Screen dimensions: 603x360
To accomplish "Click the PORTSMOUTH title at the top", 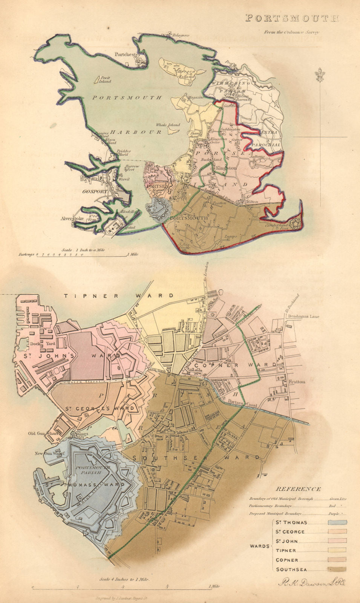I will pyautogui.click(x=292, y=18).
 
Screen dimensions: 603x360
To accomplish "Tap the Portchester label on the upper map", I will pyautogui.click(x=127, y=54).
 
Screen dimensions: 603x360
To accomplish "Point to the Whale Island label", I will pyautogui.click(x=165, y=125).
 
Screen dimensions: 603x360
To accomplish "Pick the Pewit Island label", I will pyautogui.click(x=103, y=80).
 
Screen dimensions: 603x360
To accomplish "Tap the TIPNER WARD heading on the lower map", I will pyautogui.click(x=119, y=296).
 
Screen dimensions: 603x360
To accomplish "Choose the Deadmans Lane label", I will pyautogui.click(x=303, y=317).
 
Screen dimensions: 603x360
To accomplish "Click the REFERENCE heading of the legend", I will pyautogui.click(x=298, y=489).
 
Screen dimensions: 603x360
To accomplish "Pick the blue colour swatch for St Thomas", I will pyautogui.click(x=337, y=522).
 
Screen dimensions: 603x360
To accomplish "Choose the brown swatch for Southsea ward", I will pyautogui.click(x=337, y=569).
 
